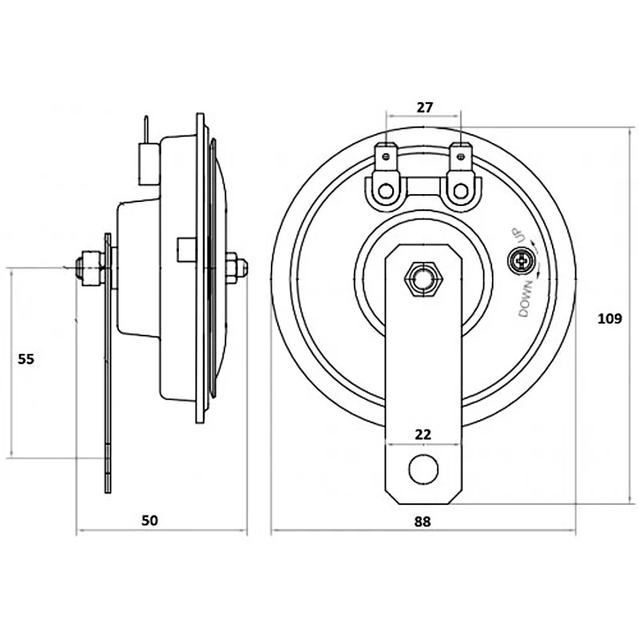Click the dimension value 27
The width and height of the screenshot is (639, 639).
pos(423,106)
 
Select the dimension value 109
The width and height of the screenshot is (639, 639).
pos(609,318)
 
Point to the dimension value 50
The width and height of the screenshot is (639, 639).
pos(149,520)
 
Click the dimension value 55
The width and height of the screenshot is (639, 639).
pos(26,359)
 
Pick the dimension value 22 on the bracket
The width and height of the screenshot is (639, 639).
pos(423,434)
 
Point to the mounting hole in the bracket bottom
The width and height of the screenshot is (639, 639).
pos(423,470)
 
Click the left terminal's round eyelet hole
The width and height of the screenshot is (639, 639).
pos(387,191)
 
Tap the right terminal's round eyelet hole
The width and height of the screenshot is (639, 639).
pos(459,191)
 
